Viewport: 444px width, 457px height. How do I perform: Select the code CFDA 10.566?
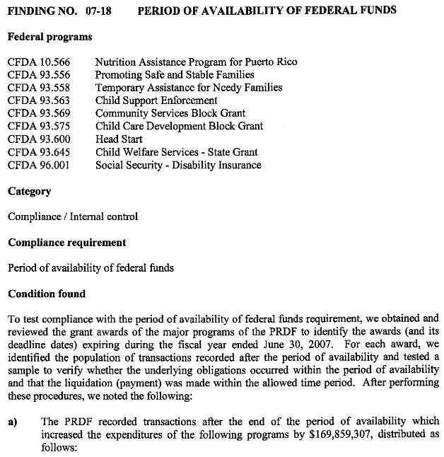point(39,62)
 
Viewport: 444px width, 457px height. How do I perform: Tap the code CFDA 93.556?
point(39,75)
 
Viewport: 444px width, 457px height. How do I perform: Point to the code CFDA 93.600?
point(39,139)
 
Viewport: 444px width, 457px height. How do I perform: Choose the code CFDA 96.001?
point(39,166)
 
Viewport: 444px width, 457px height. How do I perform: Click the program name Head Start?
point(119,139)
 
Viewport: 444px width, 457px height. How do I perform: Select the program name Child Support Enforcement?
point(156,101)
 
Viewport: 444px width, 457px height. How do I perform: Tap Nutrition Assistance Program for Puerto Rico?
point(196,62)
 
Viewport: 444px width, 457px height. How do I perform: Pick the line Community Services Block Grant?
point(170,114)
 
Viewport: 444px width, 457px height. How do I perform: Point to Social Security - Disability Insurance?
point(178,166)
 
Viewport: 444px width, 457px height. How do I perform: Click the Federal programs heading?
point(49,36)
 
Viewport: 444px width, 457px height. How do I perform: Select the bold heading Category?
point(29,191)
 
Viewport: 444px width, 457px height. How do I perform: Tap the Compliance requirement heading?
point(66,243)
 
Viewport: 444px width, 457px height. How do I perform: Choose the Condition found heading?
point(46,294)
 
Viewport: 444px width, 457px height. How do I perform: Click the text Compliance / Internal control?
point(72,217)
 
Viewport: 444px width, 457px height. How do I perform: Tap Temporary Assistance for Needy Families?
point(189,88)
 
